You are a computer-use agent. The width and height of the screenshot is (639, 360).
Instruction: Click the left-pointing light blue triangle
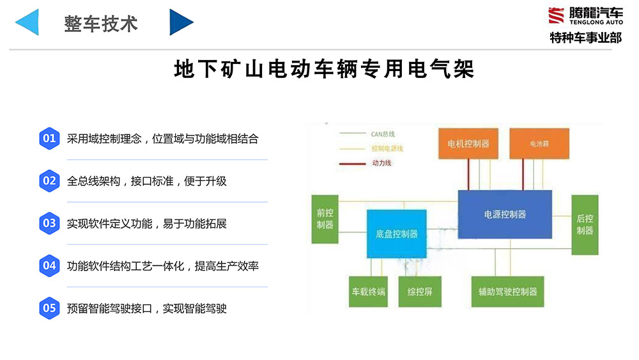coord(29,22)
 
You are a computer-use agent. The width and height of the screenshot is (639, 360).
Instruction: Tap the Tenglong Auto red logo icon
coord(556,14)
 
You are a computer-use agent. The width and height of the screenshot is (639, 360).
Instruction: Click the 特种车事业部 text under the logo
coord(586,38)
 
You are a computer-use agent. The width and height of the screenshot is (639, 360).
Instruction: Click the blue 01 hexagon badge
coord(49,138)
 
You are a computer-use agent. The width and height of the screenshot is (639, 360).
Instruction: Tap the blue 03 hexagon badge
coord(49,223)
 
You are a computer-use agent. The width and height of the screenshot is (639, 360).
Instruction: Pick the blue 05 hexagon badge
coord(49,308)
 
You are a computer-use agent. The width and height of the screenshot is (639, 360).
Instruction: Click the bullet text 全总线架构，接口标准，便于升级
coord(147,181)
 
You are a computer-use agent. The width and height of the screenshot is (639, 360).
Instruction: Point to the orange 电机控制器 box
coord(468,143)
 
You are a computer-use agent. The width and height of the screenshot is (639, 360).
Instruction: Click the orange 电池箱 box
coord(539,143)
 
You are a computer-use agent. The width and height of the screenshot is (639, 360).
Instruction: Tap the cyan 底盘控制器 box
coord(396,234)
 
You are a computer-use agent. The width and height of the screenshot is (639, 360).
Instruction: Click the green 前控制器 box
coord(325,219)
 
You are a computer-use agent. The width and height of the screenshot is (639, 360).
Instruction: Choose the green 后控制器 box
coord(585,224)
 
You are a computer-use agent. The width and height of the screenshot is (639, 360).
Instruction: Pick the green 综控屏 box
coord(420,292)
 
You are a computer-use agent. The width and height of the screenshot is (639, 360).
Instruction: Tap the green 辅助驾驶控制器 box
coord(507,292)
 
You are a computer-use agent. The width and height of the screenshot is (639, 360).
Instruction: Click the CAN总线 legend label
coord(383,134)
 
